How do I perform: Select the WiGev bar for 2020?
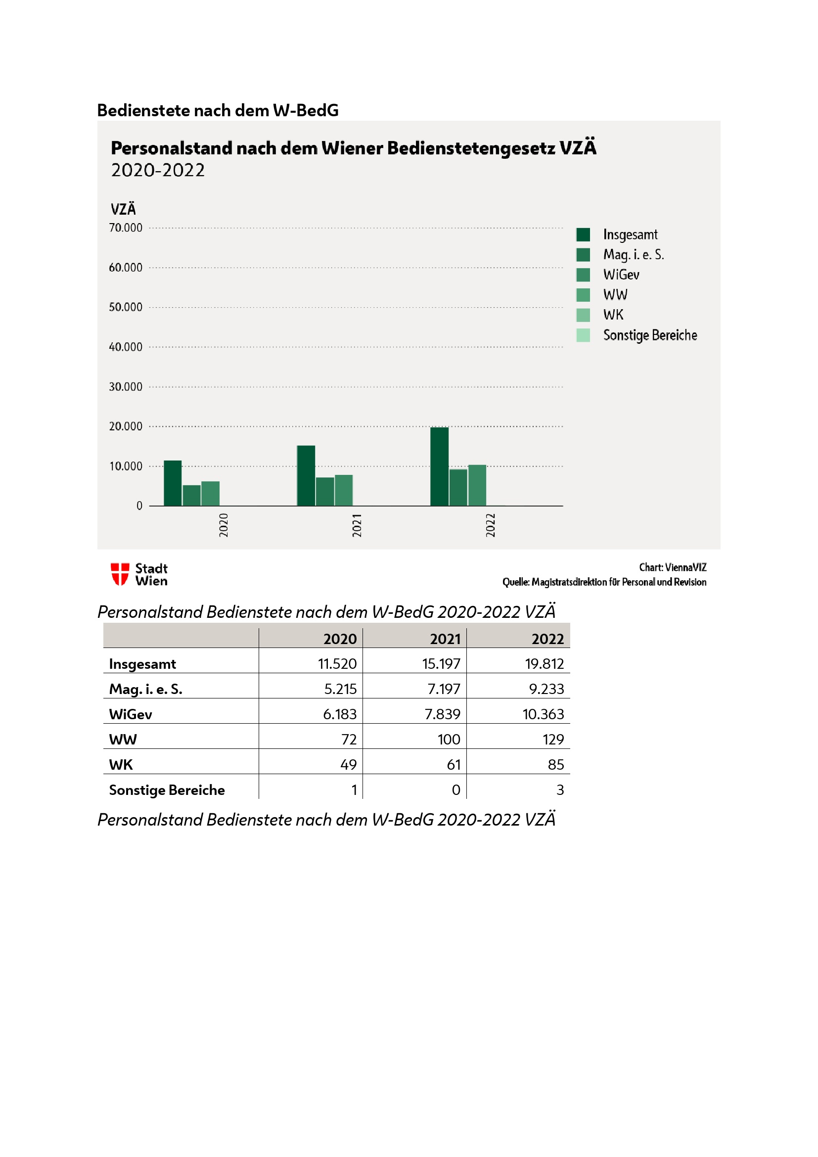coord(211,493)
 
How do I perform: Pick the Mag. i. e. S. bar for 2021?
coord(325,491)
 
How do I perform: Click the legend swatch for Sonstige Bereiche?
coord(583,335)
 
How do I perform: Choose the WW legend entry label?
coord(615,295)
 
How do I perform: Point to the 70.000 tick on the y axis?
coord(126,228)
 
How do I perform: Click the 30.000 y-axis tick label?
coord(126,386)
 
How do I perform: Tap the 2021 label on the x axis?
coord(357,525)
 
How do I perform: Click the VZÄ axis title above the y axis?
coord(123,209)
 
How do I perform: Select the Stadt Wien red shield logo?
coord(120,574)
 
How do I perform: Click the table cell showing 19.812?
coord(544,664)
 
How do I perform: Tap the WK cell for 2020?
coord(348,764)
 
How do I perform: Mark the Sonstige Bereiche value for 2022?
coord(560,789)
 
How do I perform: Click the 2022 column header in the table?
coord(547,639)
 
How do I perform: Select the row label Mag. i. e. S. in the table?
coord(145,689)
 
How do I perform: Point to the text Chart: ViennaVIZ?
coord(673,567)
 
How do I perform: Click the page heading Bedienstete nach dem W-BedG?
coord(218,110)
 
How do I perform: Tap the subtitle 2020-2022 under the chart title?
coord(158,170)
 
